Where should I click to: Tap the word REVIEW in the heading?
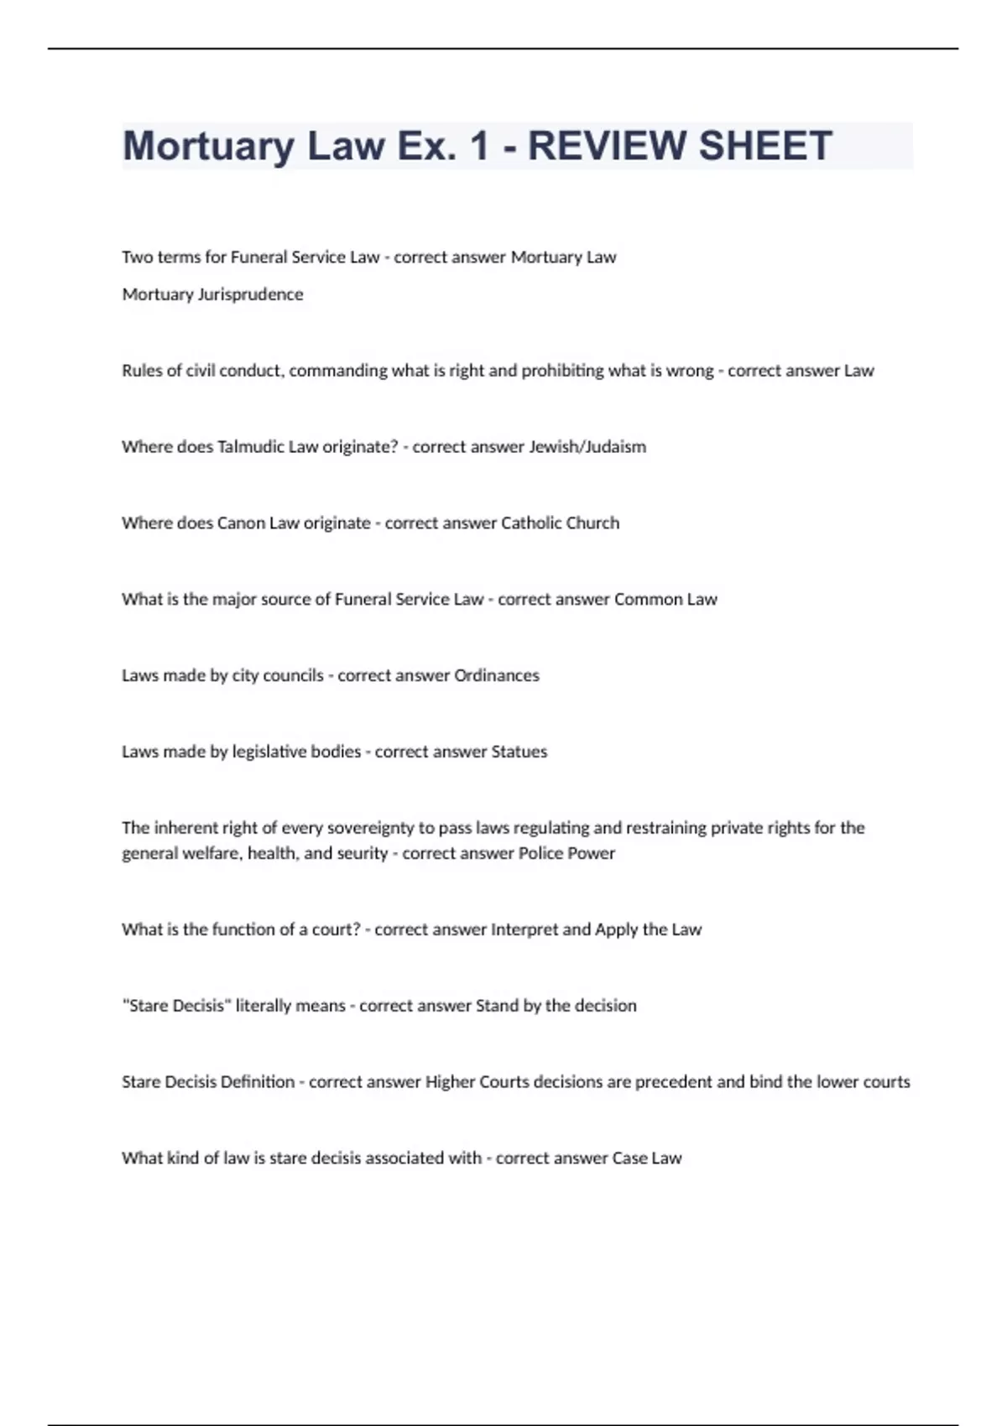pyautogui.click(x=606, y=146)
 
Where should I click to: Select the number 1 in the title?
pyautogui.click(x=479, y=146)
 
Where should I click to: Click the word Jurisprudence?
pyautogui.click(x=250, y=294)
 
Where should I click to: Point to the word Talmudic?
pyautogui.click(x=251, y=446)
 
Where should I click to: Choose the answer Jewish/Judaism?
pyautogui.click(x=587, y=446)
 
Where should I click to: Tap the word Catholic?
pyautogui.click(x=531, y=523)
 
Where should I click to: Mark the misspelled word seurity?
pyautogui.click(x=362, y=853)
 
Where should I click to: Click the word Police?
pyautogui.click(x=543, y=853)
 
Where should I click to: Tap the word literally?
pyautogui.click(x=266, y=1005)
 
